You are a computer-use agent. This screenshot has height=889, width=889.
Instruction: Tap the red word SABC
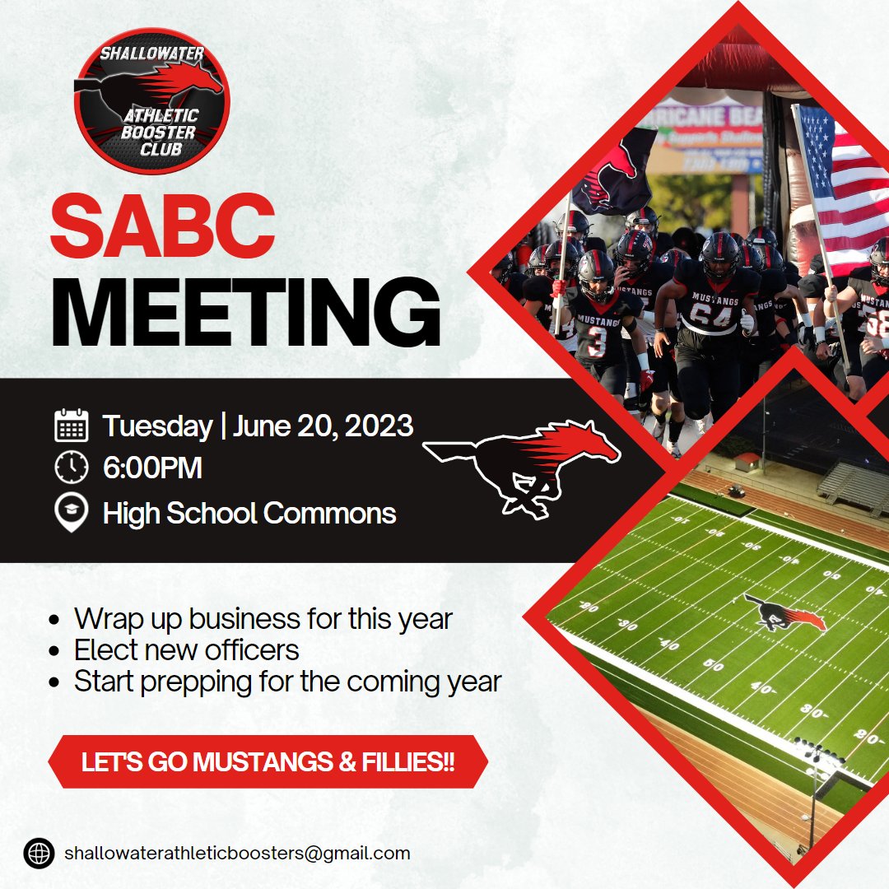point(162,225)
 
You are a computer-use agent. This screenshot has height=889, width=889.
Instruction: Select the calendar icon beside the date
point(72,426)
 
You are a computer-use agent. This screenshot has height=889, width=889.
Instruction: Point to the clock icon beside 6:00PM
point(72,468)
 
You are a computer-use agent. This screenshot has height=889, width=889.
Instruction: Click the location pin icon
point(72,513)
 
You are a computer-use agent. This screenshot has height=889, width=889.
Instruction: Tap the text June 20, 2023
point(323,426)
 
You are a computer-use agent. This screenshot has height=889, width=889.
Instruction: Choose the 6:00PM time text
point(152,468)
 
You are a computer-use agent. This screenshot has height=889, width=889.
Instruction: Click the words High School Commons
point(249,513)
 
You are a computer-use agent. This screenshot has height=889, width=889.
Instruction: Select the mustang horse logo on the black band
point(522,465)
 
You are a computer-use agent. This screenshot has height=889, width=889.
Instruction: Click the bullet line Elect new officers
point(186,650)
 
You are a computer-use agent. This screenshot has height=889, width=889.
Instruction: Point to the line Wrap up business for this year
point(263,618)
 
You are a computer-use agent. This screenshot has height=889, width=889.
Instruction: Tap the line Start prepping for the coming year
point(287,682)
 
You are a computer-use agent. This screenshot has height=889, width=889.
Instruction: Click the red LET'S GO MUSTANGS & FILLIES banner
point(268,761)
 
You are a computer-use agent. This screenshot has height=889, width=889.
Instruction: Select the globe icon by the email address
point(39,853)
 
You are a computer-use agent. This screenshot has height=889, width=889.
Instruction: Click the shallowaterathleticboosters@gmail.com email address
point(237,853)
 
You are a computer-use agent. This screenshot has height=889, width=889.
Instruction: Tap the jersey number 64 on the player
point(710,314)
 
